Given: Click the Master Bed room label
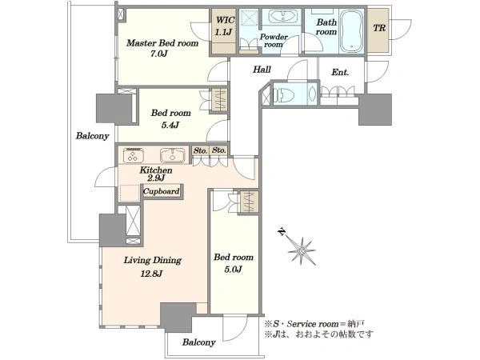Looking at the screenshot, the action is click(x=162, y=43).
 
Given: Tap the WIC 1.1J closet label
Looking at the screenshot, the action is click(x=225, y=26).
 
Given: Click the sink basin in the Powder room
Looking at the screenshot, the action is click(x=283, y=16).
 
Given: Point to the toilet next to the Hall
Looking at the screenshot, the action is click(x=283, y=94).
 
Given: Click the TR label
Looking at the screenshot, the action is click(x=379, y=28).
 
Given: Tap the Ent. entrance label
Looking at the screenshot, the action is click(x=340, y=73).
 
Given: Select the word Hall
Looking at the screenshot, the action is click(x=262, y=70).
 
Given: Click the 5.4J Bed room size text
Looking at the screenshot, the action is click(x=170, y=125).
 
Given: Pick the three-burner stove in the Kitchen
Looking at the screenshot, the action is click(x=133, y=155).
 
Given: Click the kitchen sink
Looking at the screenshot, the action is click(x=173, y=155).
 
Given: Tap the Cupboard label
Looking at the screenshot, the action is click(x=162, y=191).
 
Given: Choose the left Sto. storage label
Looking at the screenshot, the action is click(x=201, y=150).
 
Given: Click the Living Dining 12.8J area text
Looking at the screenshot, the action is click(x=152, y=266).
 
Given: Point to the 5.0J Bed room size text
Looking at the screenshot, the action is click(x=234, y=269).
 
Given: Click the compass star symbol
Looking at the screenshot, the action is click(x=302, y=251).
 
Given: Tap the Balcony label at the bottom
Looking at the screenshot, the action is click(x=199, y=342).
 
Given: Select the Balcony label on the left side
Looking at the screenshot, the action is click(x=92, y=136).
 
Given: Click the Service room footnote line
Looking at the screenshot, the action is click(x=314, y=324).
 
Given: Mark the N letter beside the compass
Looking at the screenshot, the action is click(x=281, y=232).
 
